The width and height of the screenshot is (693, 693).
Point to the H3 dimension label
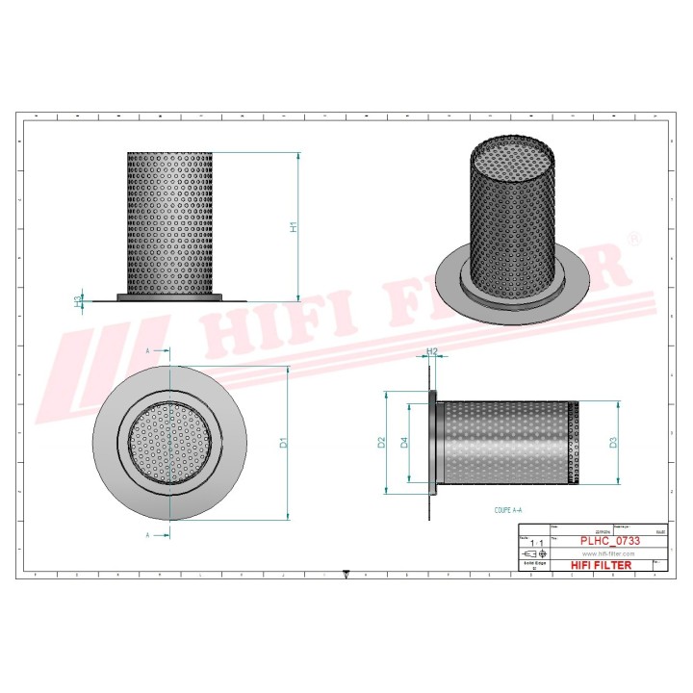[78, 300]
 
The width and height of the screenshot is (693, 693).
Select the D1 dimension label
[283, 443]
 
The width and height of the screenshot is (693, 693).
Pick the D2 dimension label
[381, 443]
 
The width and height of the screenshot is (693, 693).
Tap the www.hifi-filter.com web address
[607, 554]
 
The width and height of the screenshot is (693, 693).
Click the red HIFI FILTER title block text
[607, 565]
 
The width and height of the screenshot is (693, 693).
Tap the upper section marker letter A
[147, 352]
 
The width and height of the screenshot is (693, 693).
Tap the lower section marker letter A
[147, 533]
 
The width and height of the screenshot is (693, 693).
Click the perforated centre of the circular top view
[169, 443]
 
